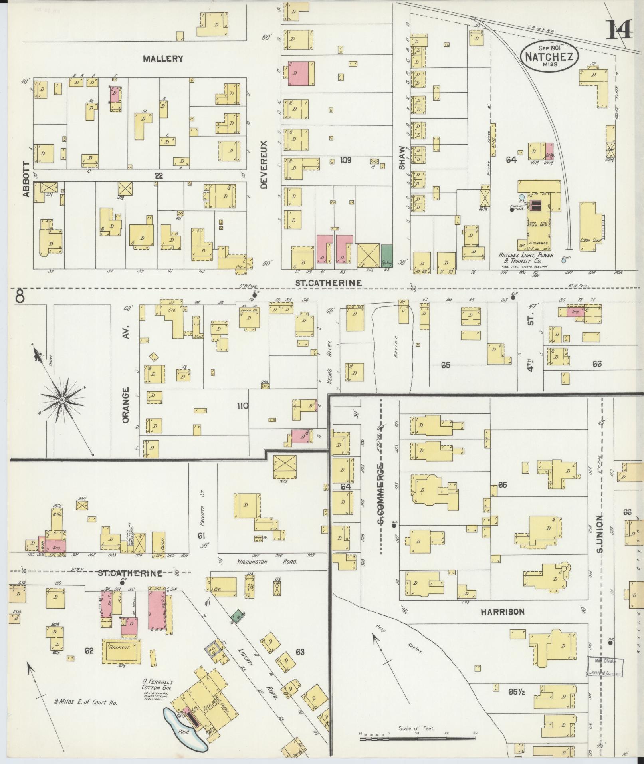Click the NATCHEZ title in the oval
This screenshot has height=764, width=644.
pos(549,56)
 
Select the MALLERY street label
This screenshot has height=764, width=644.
pos(163,59)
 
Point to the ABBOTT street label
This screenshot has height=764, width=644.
pos(26,179)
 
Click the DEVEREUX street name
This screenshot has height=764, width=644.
pos(264,164)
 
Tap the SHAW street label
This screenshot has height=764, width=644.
pos(402,157)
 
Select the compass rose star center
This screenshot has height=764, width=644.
pos(62,400)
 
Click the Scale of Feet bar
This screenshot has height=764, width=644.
pos(417,739)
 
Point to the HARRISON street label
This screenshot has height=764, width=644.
pos(502,611)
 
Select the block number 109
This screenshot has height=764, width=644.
pos(345,160)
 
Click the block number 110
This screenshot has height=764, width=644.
pos(242,406)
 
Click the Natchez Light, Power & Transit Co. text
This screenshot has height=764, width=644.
pos(526,258)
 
